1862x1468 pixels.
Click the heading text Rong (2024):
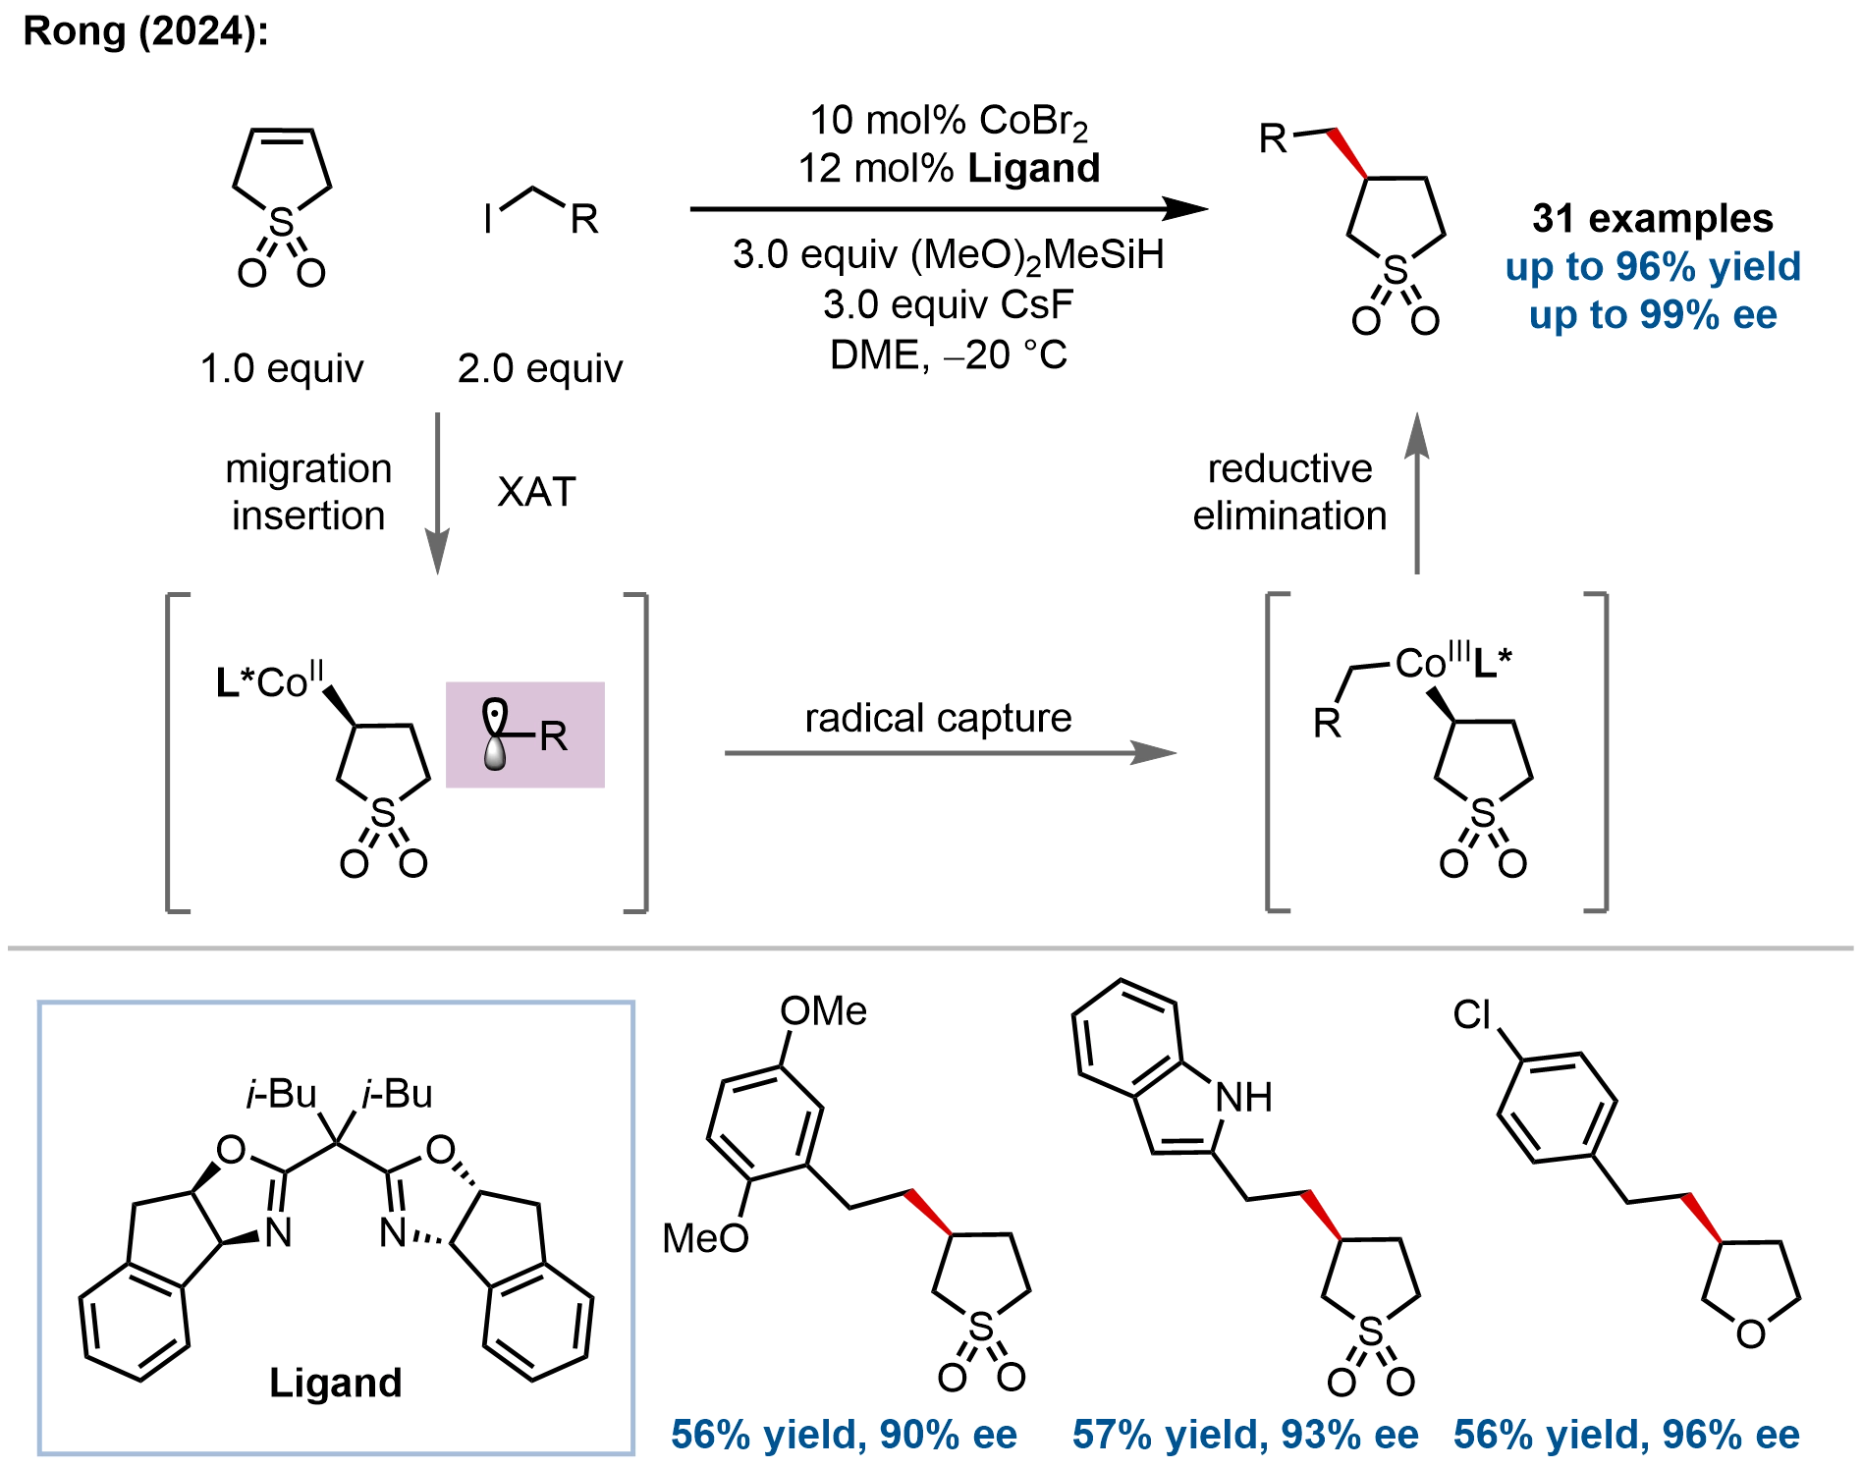pyautogui.click(x=145, y=31)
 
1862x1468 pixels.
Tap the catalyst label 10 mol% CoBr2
pyautogui.click(x=949, y=122)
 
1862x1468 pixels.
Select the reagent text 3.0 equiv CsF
pyautogui.click(x=948, y=304)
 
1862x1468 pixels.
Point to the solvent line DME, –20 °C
pyautogui.click(x=948, y=354)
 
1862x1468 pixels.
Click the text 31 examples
pyautogui.click(x=1653, y=218)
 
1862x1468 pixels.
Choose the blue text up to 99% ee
pyautogui.click(x=1653, y=315)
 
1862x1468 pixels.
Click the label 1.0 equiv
pyautogui.click(x=282, y=369)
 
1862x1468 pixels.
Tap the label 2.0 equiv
pyautogui.click(x=540, y=369)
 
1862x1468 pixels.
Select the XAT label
pyautogui.click(x=536, y=492)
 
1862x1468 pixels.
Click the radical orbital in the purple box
pyautogui.click(x=496, y=734)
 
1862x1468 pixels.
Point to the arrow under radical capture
pyautogui.click(x=950, y=753)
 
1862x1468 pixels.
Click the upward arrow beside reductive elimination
pyautogui.click(x=1416, y=493)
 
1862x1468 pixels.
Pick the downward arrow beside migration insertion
pyautogui.click(x=438, y=493)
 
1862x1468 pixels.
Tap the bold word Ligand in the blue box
pyautogui.click(x=336, y=1383)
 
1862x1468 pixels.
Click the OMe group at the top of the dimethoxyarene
pyautogui.click(x=823, y=1011)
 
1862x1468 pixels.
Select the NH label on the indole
pyautogui.click(x=1244, y=1097)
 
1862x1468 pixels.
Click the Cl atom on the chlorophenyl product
pyautogui.click(x=1472, y=1014)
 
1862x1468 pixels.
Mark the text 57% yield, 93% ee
pyautogui.click(x=1245, y=1436)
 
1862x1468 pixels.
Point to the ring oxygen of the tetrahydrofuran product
pyautogui.click(x=1751, y=1333)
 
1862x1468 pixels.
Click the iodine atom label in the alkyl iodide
pyautogui.click(x=488, y=218)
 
